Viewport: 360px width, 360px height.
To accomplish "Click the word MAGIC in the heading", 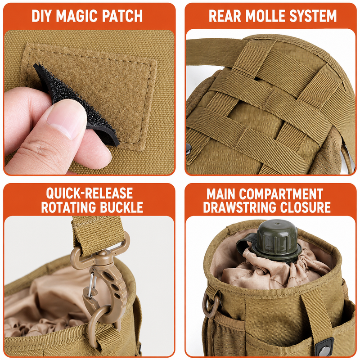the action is pos(76,16).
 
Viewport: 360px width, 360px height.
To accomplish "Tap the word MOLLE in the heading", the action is pos(265,16).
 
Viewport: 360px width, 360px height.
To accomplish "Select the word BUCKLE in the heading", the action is pos(121,207).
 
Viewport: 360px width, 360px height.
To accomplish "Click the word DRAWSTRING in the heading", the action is pos(239,207).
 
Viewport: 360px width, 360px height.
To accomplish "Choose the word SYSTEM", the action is pos(313,16).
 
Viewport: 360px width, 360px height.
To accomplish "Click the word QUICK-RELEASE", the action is pos(90,193).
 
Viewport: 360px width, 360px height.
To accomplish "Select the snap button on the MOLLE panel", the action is pos(188,149).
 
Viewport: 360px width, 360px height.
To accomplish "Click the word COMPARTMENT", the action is pos(281,193).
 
